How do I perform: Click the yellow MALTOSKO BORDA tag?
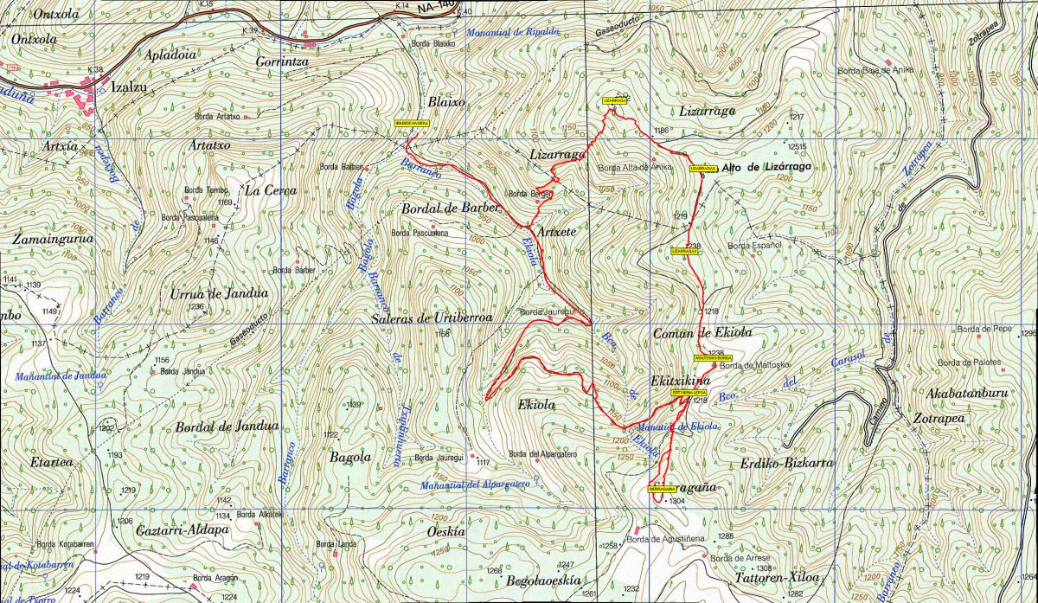[713, 358]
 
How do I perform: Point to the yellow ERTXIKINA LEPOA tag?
[689, 392]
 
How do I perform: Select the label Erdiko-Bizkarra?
[786, 464]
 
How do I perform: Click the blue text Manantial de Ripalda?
[513, 32]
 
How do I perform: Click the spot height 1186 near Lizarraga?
[663, 131]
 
